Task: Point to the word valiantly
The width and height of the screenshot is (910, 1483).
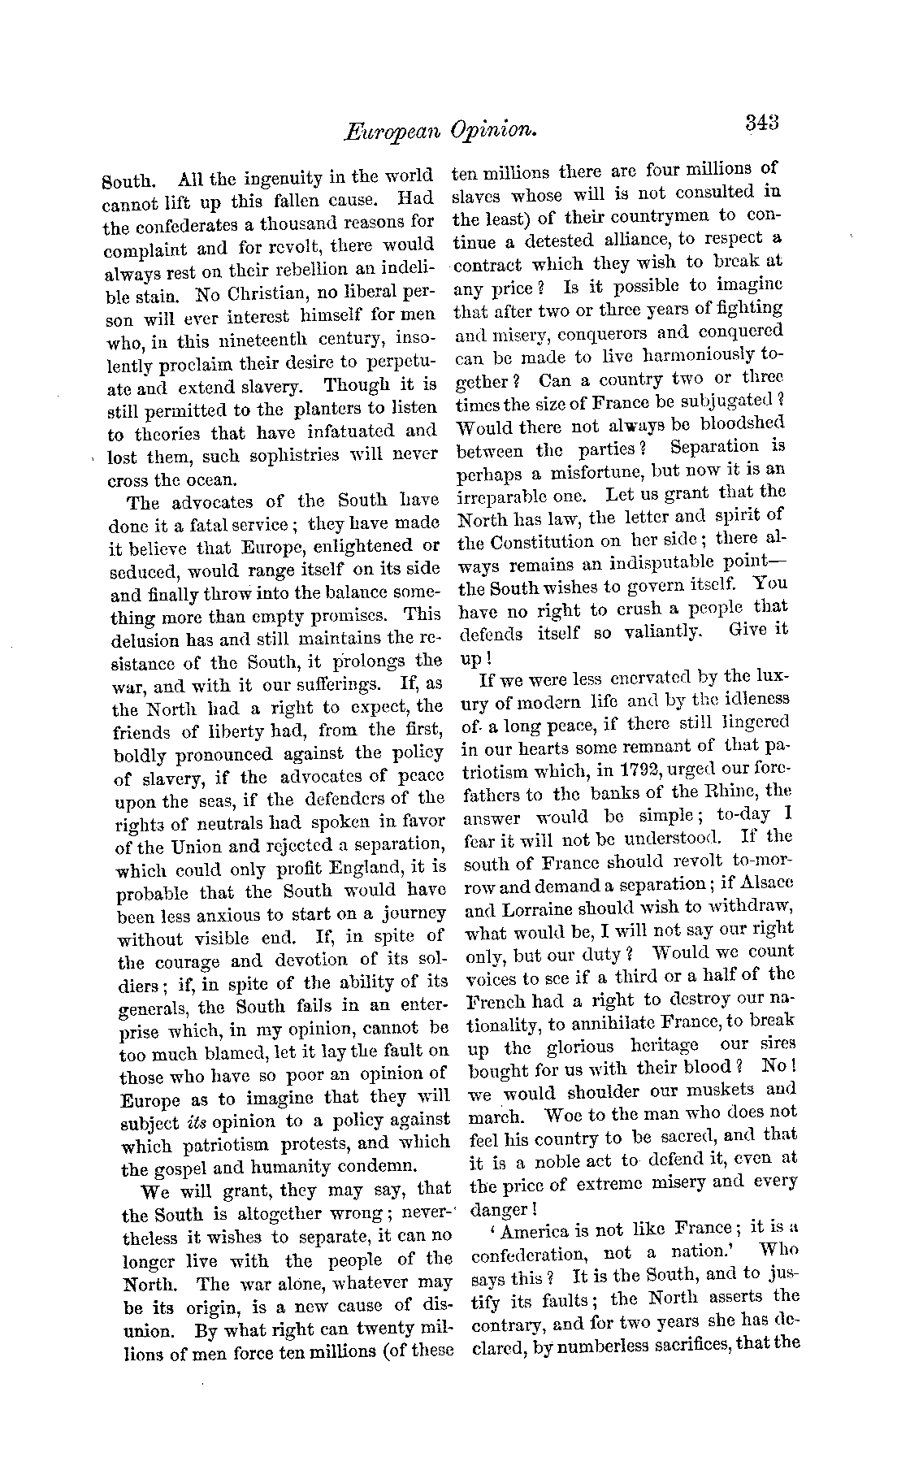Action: pos(656,631)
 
